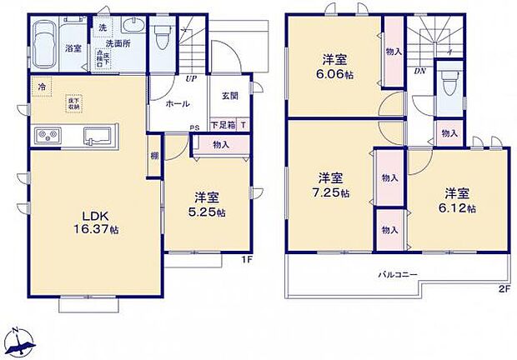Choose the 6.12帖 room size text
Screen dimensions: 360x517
point(459,207)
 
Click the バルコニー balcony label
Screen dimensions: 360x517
point(396,273)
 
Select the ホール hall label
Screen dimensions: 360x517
point(178,104)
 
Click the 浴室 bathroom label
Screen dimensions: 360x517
point(73,49)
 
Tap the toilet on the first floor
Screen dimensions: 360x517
point(162,35)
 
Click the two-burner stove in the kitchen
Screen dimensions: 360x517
point(46,135)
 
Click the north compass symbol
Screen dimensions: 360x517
point(22,341)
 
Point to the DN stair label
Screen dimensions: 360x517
point(420,71)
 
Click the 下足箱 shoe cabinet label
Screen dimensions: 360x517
point(221,125)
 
